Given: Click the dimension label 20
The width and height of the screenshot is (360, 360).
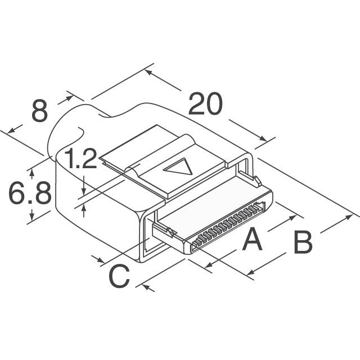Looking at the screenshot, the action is point(205,103).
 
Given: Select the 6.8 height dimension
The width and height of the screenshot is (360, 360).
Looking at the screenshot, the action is point(30,193).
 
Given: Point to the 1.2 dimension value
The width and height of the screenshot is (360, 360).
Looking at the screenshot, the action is point(80,159).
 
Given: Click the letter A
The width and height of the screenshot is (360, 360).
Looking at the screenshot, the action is point(252,238).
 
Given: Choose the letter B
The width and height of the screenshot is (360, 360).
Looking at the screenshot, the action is point(303,242).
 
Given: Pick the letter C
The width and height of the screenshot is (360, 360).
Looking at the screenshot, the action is point(119,276).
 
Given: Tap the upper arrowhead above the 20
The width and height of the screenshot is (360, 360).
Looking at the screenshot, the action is point(148,73).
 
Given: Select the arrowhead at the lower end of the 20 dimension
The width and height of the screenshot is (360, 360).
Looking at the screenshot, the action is point(263,138).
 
